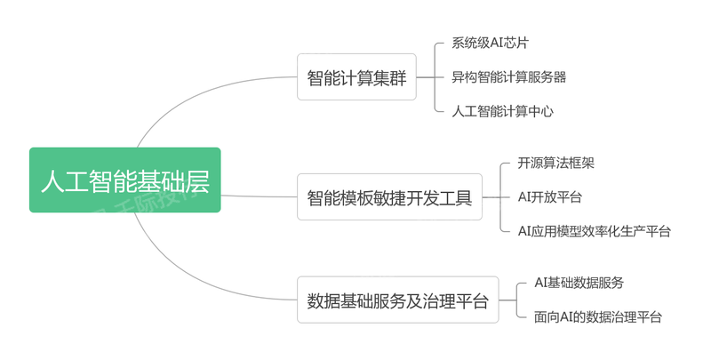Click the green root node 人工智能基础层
124,180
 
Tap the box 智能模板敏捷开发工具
389,196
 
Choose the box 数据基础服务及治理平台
397,300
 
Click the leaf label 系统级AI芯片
496,43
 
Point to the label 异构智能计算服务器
508,77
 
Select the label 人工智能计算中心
502,111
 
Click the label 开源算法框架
556,164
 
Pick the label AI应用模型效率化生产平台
594,231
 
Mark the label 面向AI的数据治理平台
597,316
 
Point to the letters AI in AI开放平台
525,196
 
